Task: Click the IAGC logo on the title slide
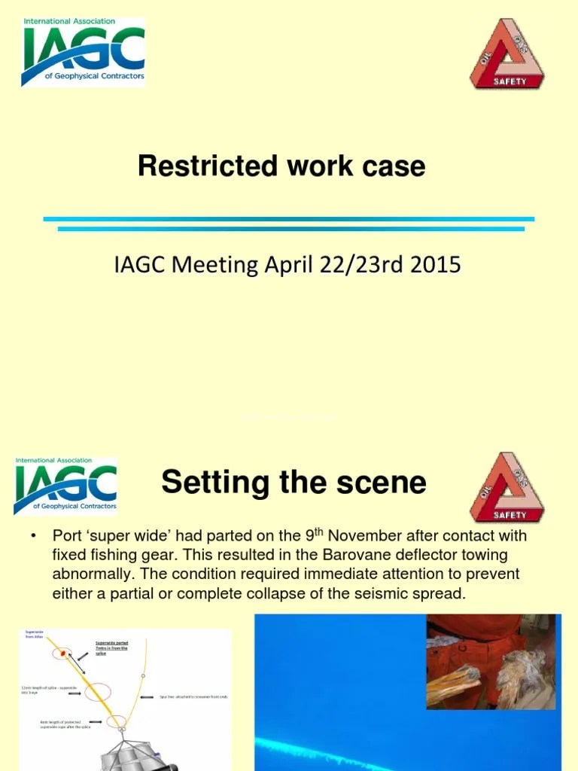83,51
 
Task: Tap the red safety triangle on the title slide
507,54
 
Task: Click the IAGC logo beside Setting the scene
65,486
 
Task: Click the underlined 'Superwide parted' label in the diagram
111,648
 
